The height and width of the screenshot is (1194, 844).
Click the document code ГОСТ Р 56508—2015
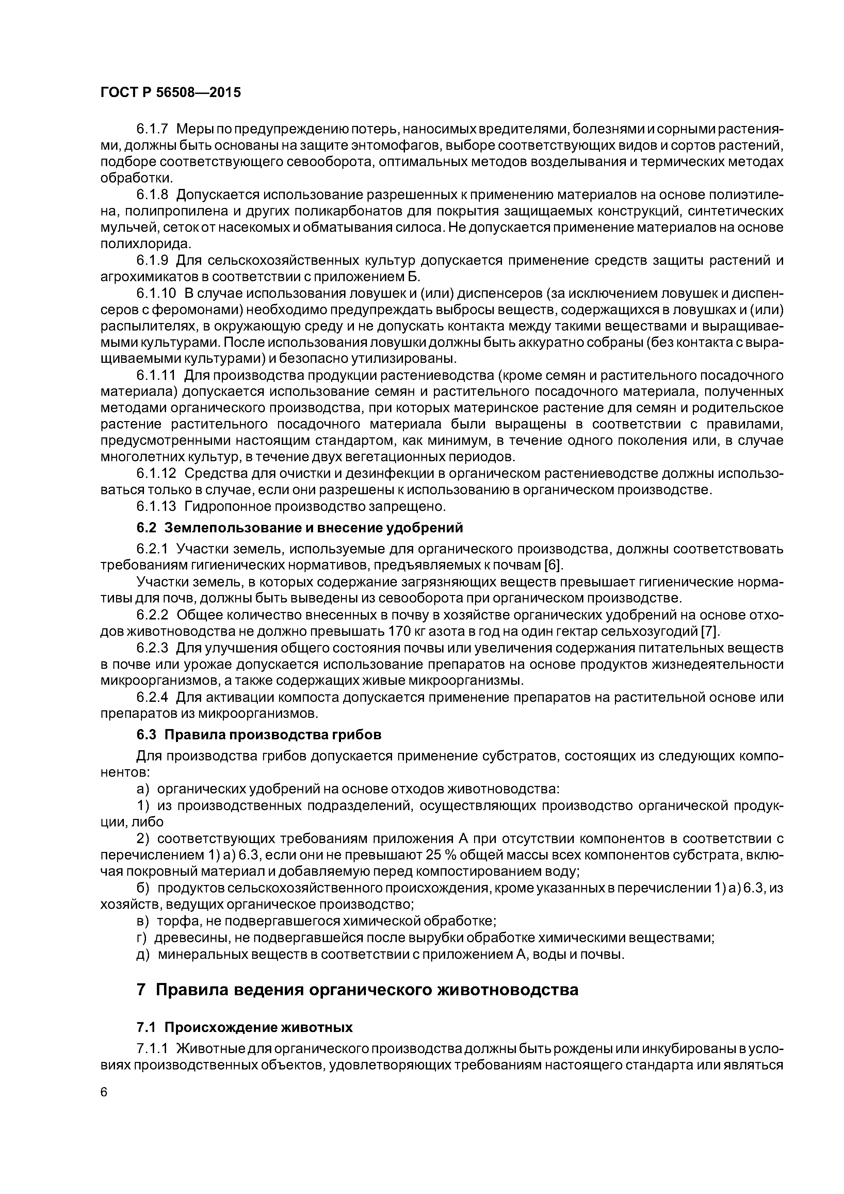(171, 93)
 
